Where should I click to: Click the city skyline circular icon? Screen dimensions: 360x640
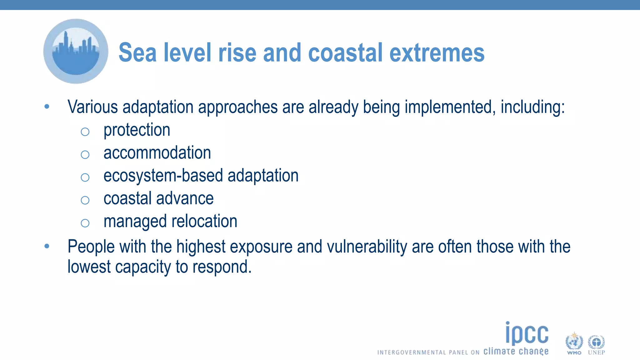[76, 52]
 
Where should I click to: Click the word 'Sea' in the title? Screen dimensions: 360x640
[137, 52]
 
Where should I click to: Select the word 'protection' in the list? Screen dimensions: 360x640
[137, 130]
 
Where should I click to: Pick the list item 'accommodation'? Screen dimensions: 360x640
[157, 153]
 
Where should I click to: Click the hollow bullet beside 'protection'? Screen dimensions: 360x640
[85, 132]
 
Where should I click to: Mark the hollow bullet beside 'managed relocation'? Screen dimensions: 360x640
[85, 223]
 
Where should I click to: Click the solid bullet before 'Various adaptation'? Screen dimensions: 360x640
[47, 107]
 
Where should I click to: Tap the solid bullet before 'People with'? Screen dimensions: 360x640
[47, 246]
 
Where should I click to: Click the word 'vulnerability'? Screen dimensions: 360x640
[367, 247]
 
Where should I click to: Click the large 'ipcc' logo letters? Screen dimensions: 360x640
[527, 333]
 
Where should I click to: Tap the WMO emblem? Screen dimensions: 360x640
[574, 343]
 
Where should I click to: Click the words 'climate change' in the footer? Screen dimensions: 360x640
[516, 351]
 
